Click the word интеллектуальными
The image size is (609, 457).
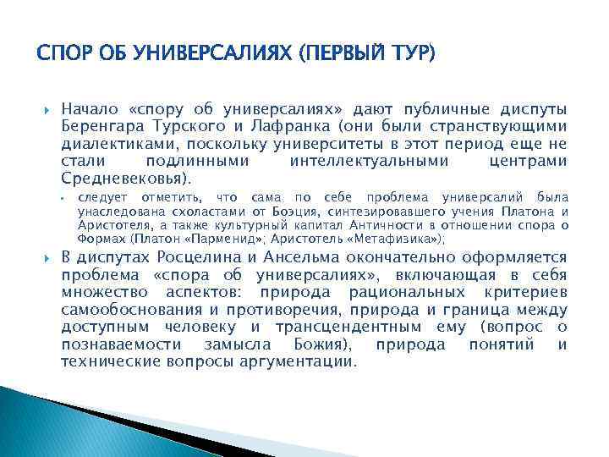360,162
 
